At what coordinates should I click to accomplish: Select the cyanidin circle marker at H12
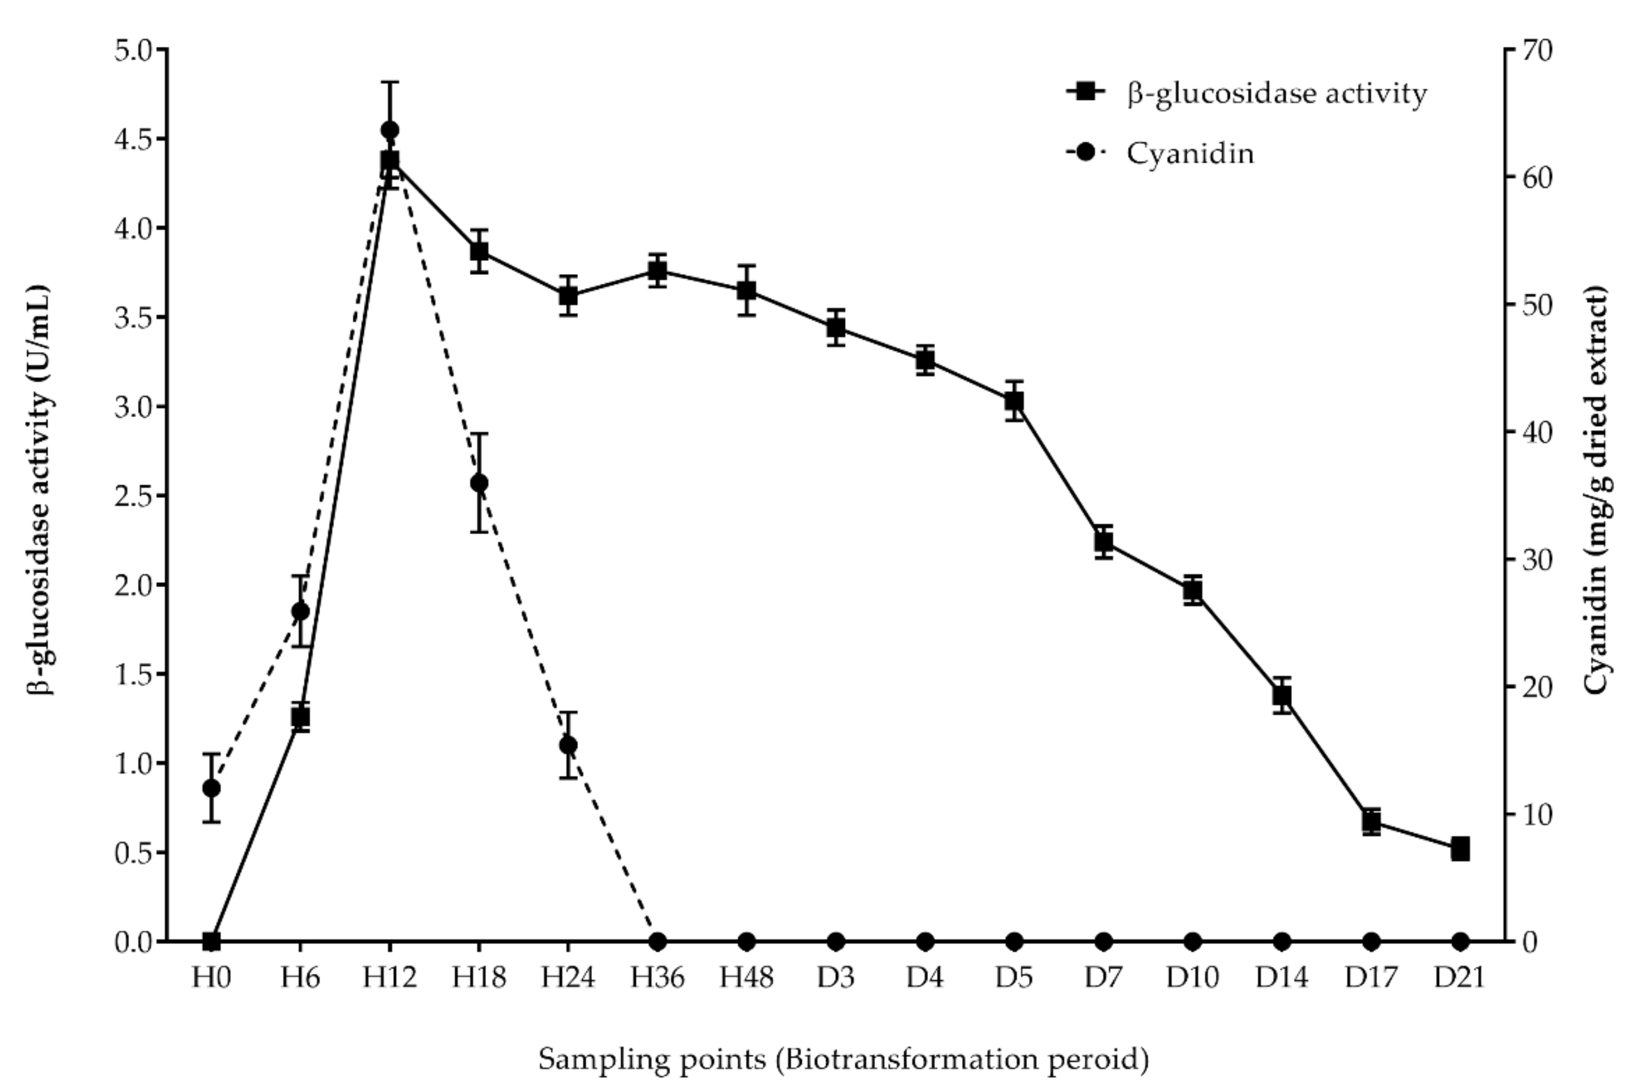coord(390,130)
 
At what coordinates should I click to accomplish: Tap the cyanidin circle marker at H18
coord(479,483)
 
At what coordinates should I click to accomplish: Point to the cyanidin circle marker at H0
coord(212,788)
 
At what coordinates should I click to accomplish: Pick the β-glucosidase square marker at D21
coord(1460,849)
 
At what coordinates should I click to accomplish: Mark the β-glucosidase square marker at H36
coord(658,270)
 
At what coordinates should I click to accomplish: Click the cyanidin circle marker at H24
coord(568,745)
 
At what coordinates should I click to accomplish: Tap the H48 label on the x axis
coord(746,978)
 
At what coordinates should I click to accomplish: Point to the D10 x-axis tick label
coord(1192,978)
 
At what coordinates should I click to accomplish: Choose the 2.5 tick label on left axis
coord(134,496)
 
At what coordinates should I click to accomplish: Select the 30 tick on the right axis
coord(1537,559)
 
